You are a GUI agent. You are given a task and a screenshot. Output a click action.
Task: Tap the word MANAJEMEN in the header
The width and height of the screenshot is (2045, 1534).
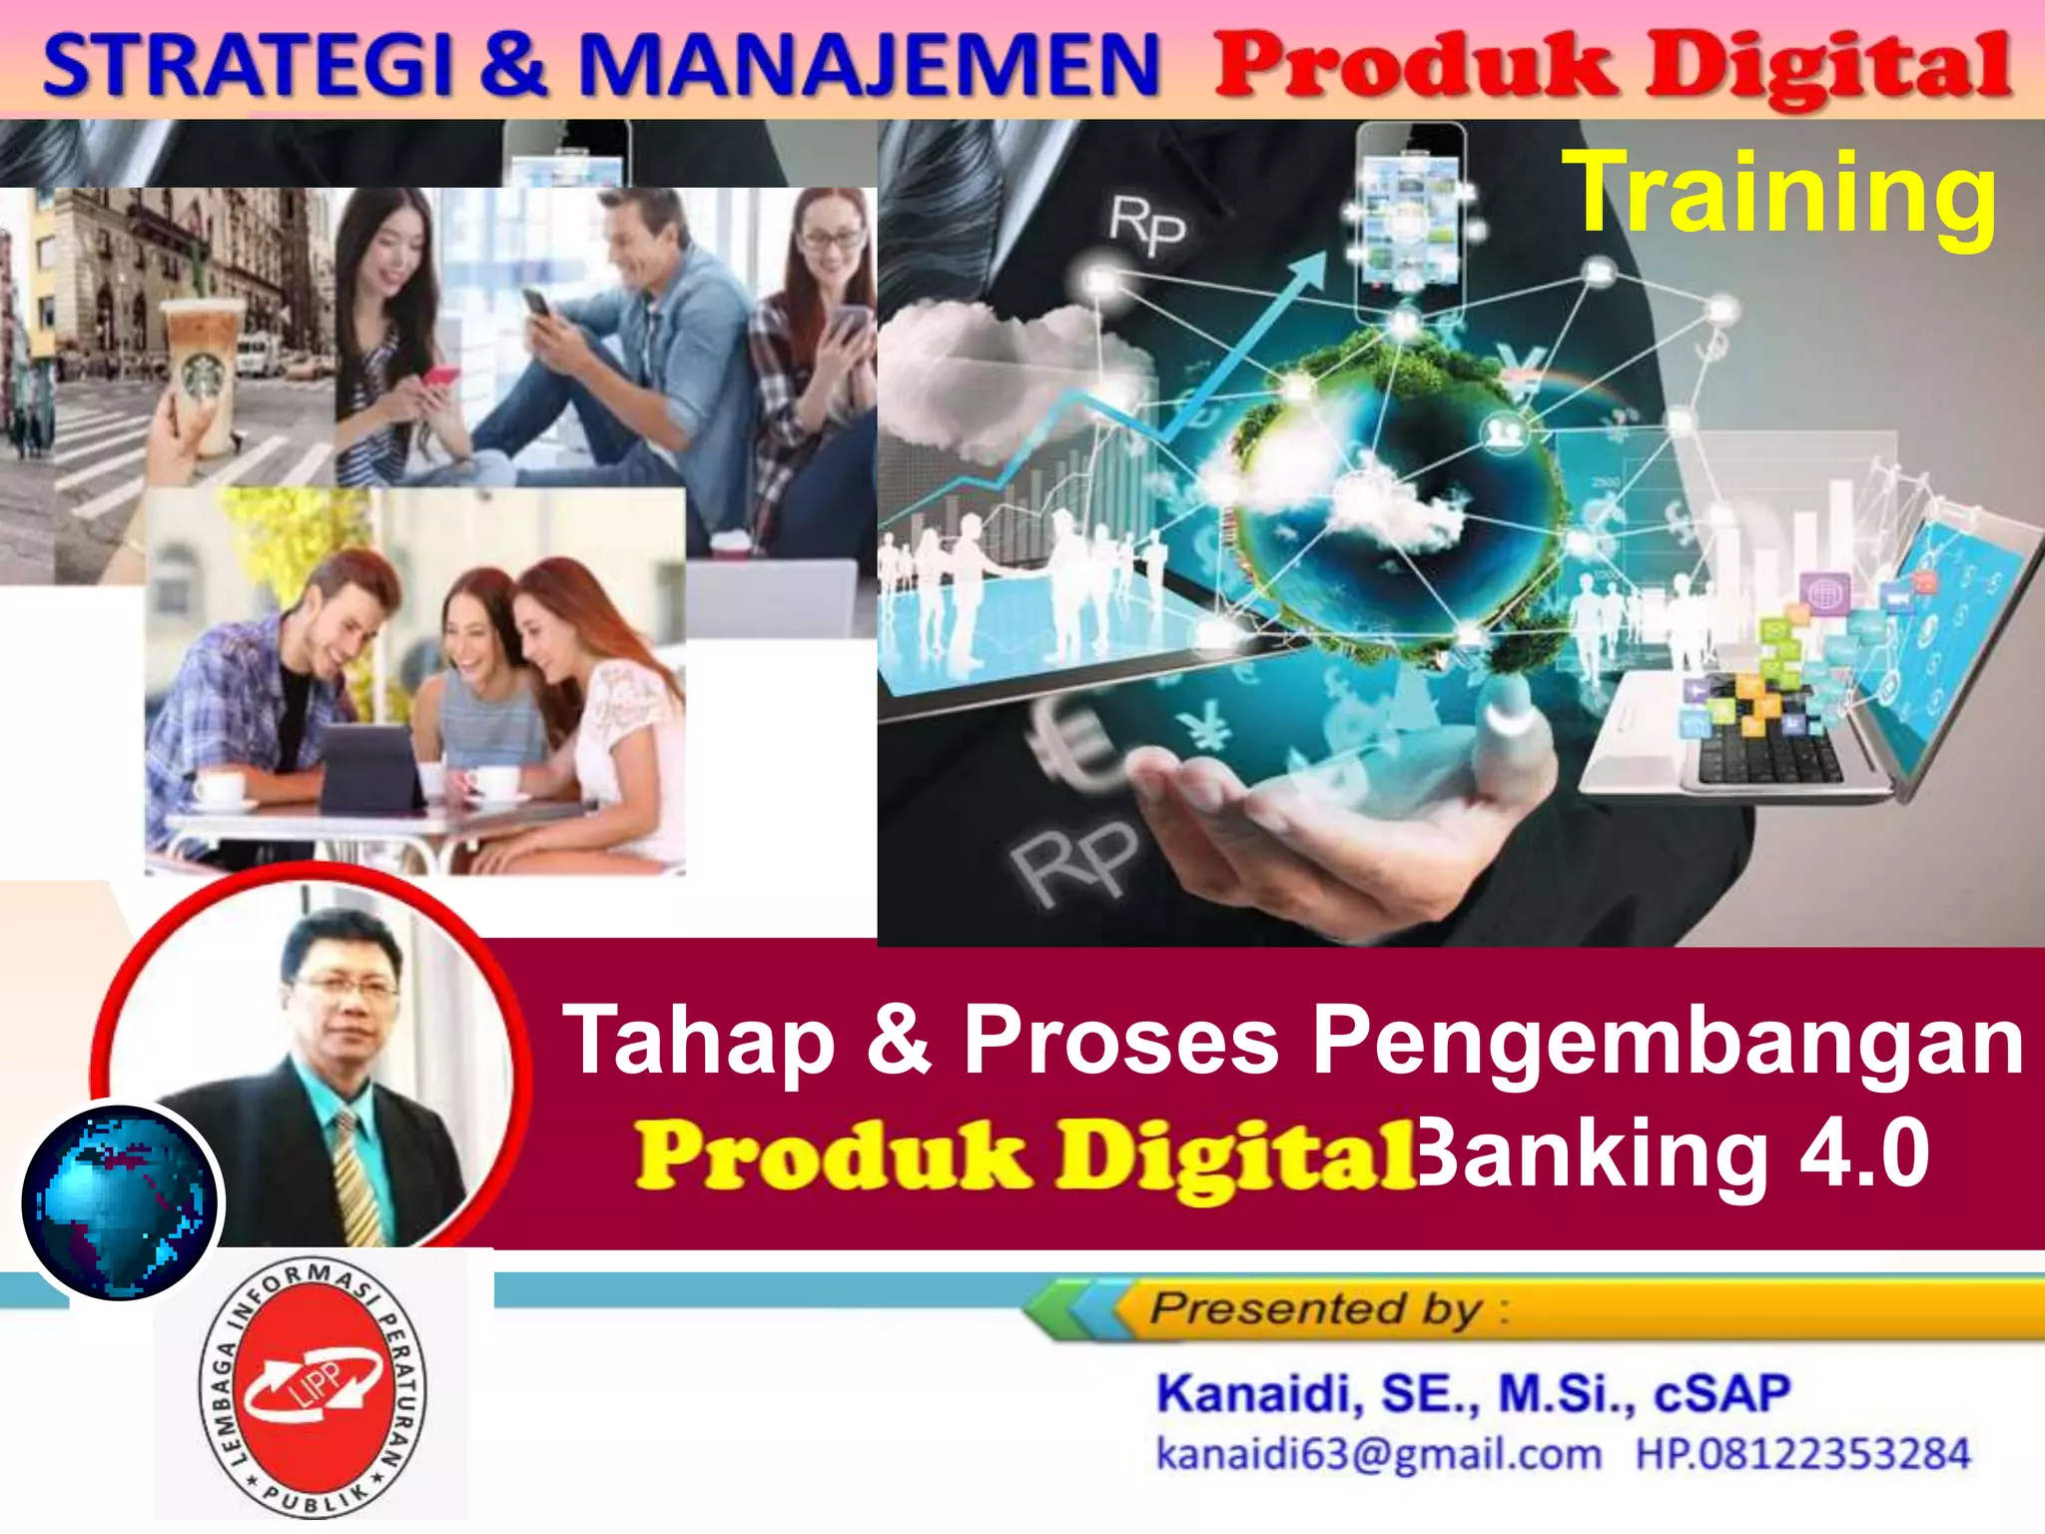869,65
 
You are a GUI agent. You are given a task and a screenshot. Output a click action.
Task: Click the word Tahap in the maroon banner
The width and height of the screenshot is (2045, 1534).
699,1041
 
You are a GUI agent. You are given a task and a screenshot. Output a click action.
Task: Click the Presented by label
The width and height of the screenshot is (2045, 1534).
1316,1308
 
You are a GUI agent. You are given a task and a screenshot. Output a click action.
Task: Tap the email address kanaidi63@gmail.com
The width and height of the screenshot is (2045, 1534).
1378,1454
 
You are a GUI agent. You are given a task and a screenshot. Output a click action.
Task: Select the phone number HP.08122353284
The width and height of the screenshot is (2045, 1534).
1802,1454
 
